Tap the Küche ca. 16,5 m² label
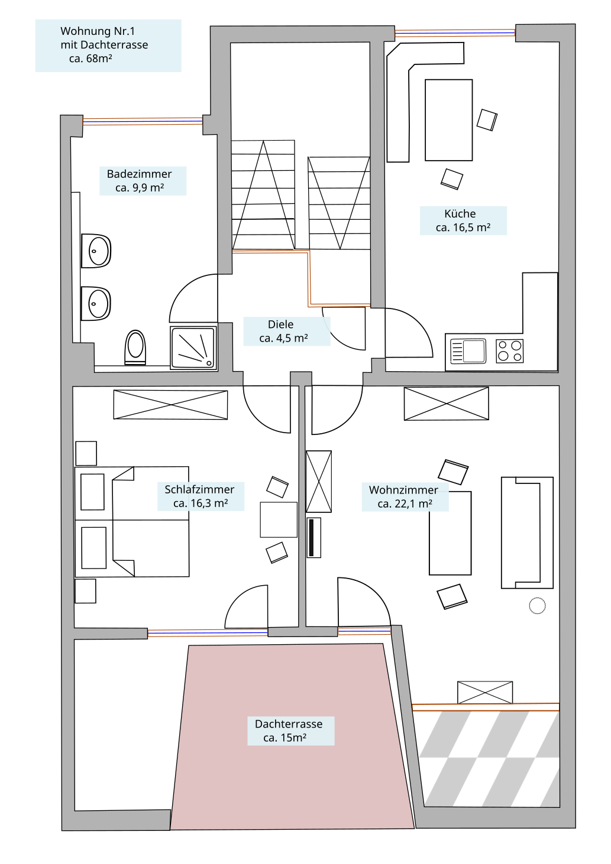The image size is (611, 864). (x=463, y=220)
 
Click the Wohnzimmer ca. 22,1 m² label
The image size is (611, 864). (x=405, y=497)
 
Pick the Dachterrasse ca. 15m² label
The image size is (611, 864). (x=290, y=731)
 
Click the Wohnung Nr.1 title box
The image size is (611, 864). (x=108, y=46)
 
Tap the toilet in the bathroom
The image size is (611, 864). (x=135, y=347)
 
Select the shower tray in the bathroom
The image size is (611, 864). (x=193, y=348)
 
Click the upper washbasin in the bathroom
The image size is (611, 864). (x=96, y=251)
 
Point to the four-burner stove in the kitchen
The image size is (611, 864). (x=509, y=350)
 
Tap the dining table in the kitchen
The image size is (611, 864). (x=448, y=120)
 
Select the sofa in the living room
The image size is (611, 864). (x=527, y=532)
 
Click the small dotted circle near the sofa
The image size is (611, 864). (x=537, y=605)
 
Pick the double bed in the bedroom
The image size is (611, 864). (x=132, y=522)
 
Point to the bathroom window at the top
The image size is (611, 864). (x=143, y=122)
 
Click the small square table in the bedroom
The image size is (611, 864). (x=279, y=519)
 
